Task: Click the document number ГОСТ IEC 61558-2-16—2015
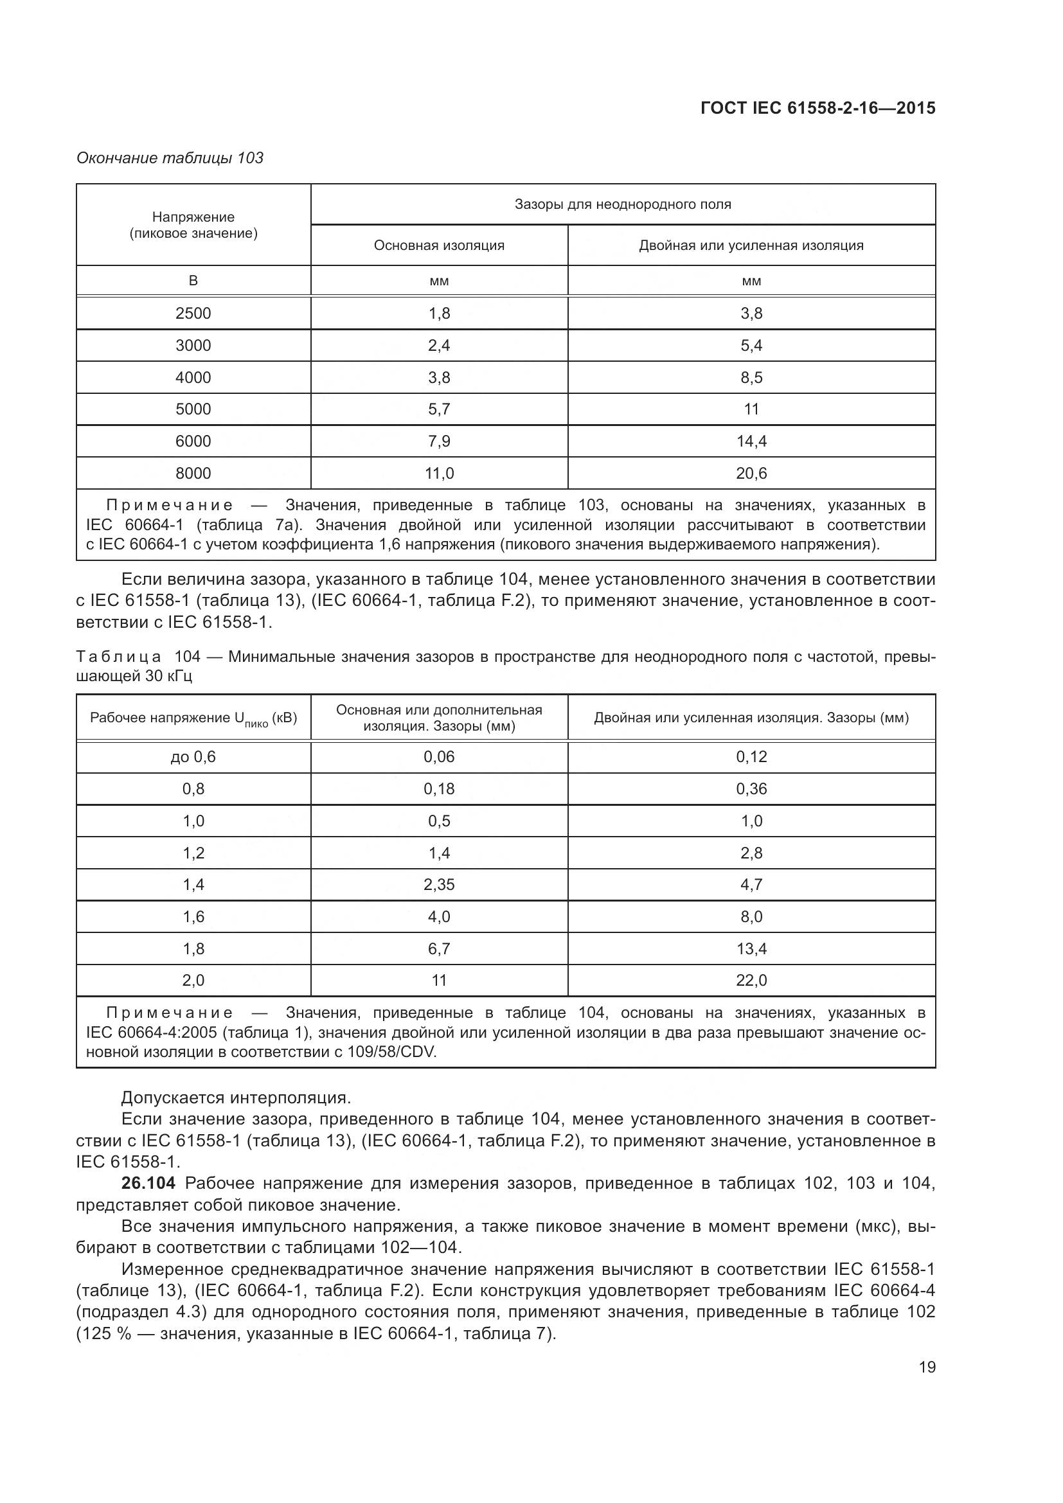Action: [x=817, y=108]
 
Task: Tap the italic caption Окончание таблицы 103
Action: [x=170, y=158]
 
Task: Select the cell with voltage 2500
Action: [x=193, y=313]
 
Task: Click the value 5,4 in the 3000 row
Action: [x=751, y=345]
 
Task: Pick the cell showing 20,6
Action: [x=751, y=473]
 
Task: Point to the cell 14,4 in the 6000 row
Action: [x=751, y=441]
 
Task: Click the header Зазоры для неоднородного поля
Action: [x=623, y=204]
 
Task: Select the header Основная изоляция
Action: [x=438, y=245]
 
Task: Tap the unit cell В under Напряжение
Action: [x=193, y=281]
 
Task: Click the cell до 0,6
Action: [x=193, y=757]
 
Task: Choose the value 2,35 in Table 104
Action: [x=438, y=884]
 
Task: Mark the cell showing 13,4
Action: [x=751, y=948]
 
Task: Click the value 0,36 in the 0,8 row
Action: [x=751, y=789]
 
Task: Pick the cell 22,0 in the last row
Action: [x=751, y=980]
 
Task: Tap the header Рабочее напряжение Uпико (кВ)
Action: [x=193, y=718]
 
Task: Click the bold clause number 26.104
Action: [x=148, y=1183]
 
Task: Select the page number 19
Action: [x=927, y=1367]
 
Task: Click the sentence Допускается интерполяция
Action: [x=237, y=1098]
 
